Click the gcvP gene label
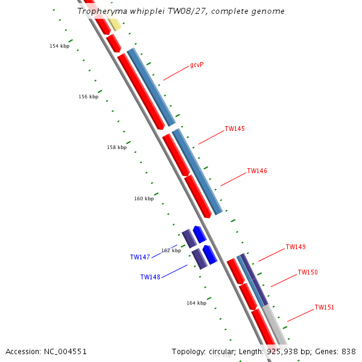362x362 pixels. tap(197, 65)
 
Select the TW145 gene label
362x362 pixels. tap(235, 129)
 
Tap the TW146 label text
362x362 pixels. tap(257, 171)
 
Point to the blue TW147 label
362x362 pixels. tap(140, 257)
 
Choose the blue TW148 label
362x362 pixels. tap(150, 278)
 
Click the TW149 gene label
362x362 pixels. tap(296, 247)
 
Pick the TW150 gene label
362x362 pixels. tap(308, 273)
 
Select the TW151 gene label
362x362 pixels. tap(324, 308)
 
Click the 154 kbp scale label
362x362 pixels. tap(59, 46)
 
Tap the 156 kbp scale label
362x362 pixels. tap(88, 97)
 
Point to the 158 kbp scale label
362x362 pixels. tap(117, 148)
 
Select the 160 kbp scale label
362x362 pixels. tap(144, 198)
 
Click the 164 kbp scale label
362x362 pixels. tap(196, 303)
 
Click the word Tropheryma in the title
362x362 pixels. tap(98, 11)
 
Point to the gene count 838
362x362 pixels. tap(348, 351)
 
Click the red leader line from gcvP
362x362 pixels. tap(176, 72)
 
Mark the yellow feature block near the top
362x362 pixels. tap(114, 24)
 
